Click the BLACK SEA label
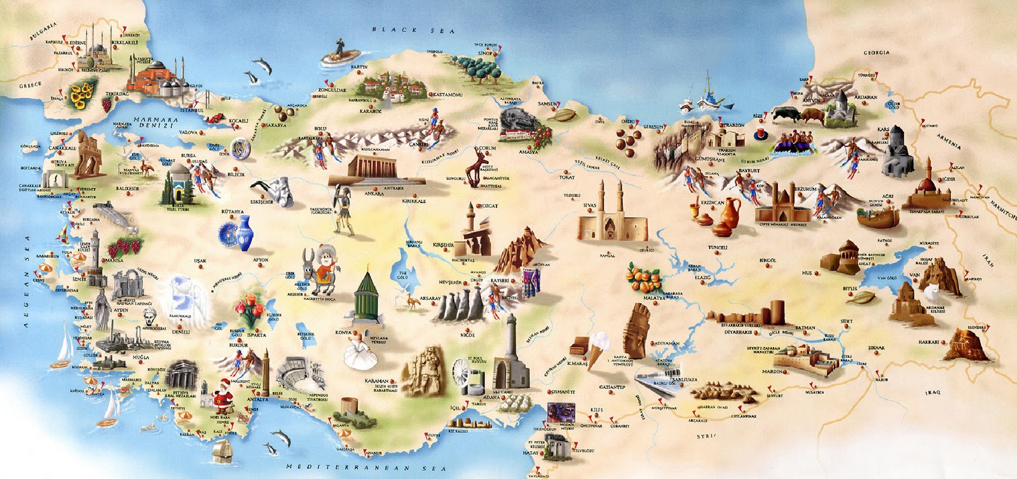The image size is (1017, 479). [x=413, y=30]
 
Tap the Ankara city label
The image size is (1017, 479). [x=374, y=194]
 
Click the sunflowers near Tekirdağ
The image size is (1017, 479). [x=81, y=96]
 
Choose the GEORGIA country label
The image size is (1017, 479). [x=876, y=53]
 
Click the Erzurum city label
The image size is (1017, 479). [x=805, y=189]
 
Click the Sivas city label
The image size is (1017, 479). [x=589, y=206]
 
